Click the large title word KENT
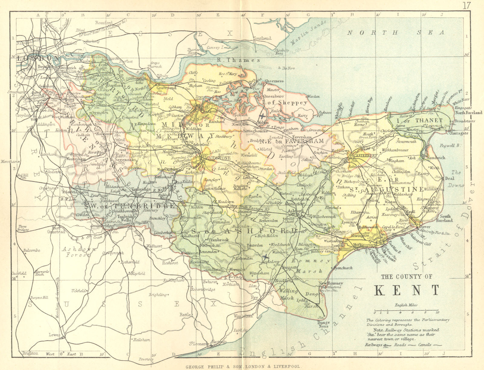coord(407,290)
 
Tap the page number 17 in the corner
coord(467,5)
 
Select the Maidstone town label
coord(217,158)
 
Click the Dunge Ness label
coord(323,324)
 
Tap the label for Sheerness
coord(274,81)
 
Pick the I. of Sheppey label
coord(285,103)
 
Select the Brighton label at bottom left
coord(30,353)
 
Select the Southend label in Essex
coord(262,38)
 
